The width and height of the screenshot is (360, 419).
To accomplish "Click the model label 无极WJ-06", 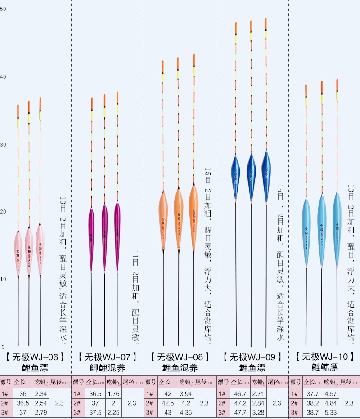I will [x=35, y=357].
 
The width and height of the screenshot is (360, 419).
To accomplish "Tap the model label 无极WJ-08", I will [x=180, y=357].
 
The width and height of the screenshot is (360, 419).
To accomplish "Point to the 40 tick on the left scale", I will [x=3, y=77].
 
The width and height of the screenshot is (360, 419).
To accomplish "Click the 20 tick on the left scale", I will [x=3, y=212].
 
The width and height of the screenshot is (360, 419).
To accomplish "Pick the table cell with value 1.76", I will [x=113, y=394].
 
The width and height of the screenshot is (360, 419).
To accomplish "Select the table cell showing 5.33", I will [x=330, y=412].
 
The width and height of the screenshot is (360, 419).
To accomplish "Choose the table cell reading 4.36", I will [x=185, y=412].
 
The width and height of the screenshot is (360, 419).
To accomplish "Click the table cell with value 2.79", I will [x=40, y=412].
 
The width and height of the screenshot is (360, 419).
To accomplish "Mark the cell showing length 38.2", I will [x=312, y=403].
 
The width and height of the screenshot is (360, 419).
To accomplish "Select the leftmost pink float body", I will [x=18, y=252].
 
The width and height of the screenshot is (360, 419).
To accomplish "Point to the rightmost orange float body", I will [x=193, y=216].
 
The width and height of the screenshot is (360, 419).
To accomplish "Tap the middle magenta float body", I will [x=104, y=236].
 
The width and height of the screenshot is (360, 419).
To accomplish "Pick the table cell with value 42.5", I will [x=167, y=403].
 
